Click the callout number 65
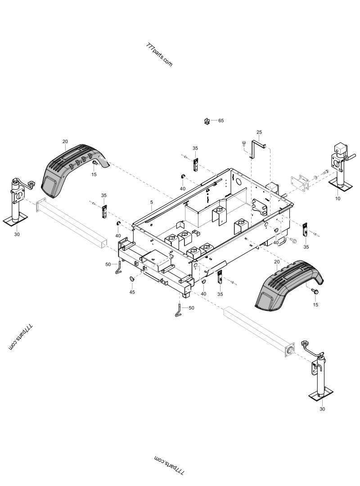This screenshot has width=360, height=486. pos(221,120)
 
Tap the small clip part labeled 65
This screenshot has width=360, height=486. pos(207,120)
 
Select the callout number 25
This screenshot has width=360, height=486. pos(259,132)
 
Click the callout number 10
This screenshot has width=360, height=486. pos(338,197)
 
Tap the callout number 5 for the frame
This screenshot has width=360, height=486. pos(152,203)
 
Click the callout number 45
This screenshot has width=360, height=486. pos(132,292)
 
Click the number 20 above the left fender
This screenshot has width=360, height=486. pos(65,142)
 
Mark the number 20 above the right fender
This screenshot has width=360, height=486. pos(276,262)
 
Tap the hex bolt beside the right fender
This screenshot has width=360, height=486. pos(315,292)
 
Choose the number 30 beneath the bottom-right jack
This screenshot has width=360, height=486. pos(321,409)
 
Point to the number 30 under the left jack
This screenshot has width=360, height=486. pos(17,234)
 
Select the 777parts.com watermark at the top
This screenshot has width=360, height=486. pos(159,55)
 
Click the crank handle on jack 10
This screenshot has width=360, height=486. pos(351,157)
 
